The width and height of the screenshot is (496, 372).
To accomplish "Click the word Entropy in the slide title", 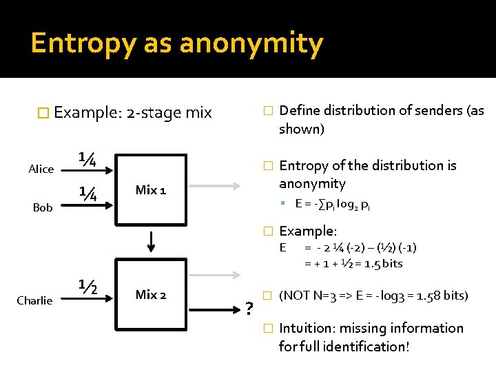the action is point(76,43).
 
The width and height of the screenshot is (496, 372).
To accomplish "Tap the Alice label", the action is point(41,169).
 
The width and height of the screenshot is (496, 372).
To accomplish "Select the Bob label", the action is point(43,207).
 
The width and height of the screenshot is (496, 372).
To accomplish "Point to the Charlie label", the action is point(34,300).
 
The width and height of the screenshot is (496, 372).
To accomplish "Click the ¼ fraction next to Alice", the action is point(87,159).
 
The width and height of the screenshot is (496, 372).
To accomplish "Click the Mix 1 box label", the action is point(150,189).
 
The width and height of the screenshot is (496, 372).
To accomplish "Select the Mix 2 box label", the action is point(150,295).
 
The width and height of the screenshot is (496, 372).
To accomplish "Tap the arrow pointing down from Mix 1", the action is point(150,243).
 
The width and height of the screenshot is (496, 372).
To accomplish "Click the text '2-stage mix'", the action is point(169,112).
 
